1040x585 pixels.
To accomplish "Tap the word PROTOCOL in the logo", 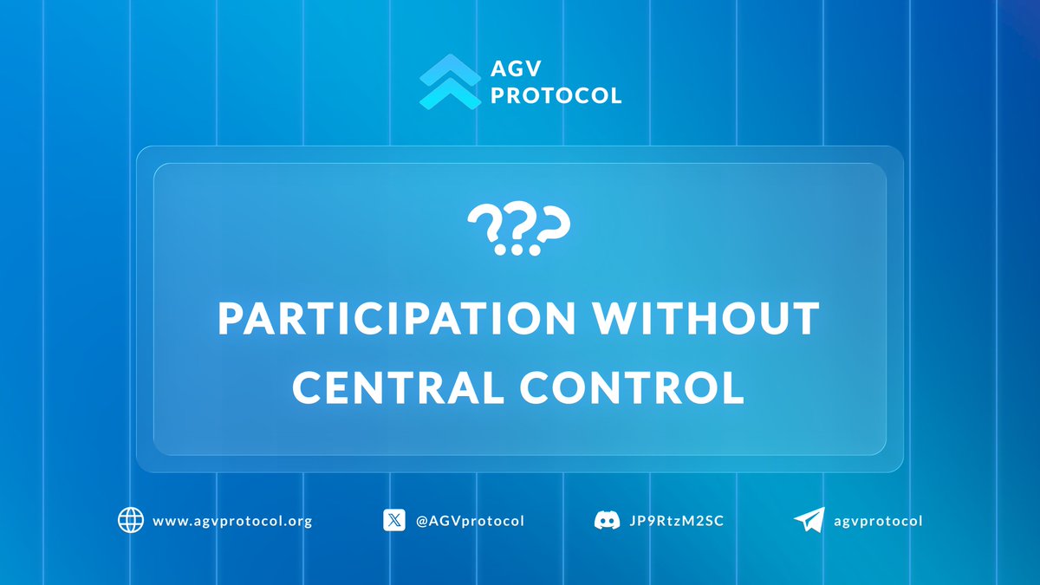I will click(x=556, y=95).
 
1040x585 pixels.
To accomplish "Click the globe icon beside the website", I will click(x=130, y=520).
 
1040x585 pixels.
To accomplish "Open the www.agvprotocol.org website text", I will click(x=232, y=521).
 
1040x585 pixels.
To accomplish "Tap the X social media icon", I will click(x=394, y=520).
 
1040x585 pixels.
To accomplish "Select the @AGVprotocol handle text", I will click(x=470, y=521).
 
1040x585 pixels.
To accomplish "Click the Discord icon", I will click(x=607, y=521).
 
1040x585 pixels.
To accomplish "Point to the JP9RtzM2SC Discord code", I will click(x=674, y=521).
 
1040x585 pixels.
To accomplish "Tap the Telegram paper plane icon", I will click(x=809, y=520).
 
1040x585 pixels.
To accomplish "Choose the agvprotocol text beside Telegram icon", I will click(x=878, y=521).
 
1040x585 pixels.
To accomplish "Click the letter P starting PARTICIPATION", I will click(x=231, y=319).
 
